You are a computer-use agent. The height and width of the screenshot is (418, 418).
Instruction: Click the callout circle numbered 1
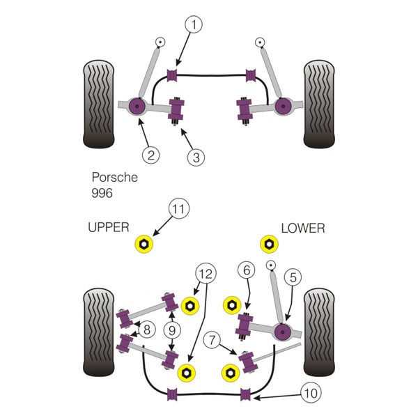[194, 24]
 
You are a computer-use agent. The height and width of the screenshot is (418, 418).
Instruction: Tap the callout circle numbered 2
[151, 155]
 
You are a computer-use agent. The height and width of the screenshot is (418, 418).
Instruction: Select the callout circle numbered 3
[196, 157]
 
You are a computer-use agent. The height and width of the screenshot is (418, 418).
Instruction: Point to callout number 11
[179, 209]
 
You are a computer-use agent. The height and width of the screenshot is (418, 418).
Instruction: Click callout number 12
[206, 274]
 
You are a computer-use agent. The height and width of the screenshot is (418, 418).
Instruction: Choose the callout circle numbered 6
[247, 270]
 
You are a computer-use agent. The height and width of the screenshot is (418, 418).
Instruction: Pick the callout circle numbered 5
[293, 277]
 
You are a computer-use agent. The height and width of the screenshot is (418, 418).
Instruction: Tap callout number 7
[212, 340]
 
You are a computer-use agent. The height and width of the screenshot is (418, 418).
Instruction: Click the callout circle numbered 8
[147, 330]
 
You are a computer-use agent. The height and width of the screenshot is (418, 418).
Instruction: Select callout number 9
[172, 330]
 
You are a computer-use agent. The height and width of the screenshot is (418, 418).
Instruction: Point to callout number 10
[311, 393]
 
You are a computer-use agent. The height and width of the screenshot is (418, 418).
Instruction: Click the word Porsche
[115, 177]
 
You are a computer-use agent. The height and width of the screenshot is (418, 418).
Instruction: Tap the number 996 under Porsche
[102, 193]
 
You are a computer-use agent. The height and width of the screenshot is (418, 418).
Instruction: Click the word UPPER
[109, 227]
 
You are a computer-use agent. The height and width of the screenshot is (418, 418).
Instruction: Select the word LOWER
[303, 229]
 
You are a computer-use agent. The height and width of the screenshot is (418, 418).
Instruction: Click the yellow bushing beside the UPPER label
[144, 244]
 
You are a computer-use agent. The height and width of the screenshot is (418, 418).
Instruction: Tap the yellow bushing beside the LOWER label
[269, 244]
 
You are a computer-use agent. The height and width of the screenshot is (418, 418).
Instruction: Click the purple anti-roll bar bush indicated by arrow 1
[172, 75]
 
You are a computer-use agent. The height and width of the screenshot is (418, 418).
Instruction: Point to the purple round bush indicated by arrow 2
[137, 106]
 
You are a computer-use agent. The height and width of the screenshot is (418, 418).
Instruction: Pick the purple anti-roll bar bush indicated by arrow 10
[245, 394]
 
